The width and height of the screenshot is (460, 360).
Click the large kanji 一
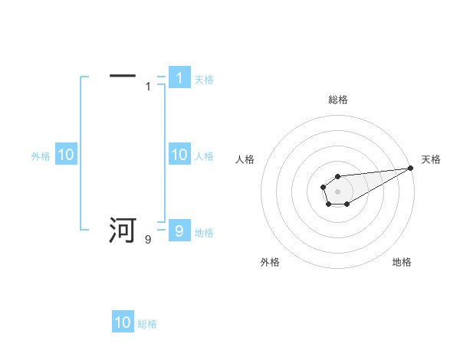tap(123, 76)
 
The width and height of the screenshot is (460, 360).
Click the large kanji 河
tap(123, 230)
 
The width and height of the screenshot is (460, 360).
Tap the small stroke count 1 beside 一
tap(148, 87)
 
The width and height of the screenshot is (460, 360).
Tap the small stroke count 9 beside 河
tap(148, 240)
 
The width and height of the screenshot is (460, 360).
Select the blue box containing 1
tap(179, 77)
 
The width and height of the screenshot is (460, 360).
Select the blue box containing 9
tap(179, 231)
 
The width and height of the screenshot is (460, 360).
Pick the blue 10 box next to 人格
tap(179, 155)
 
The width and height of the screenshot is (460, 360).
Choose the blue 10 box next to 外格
tap(65, 155)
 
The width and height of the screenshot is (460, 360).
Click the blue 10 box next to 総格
tap(123, 322)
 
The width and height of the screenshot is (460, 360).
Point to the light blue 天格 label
tap(204, 79)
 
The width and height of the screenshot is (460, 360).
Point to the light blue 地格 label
tap(204, 232)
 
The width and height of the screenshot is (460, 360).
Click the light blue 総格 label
tap(147, 324)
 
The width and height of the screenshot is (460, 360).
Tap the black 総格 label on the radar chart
tap(337, 100)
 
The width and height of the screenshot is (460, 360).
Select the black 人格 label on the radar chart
tap(245, 159)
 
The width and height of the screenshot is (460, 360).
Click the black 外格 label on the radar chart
tap(270, 262)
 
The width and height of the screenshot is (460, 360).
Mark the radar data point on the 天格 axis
tap(410, 168)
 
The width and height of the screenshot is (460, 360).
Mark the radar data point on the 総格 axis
tap(337, 177)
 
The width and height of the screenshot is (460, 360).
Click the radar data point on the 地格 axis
tap(347, 204)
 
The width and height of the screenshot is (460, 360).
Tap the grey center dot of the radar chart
tap(337, 191)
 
